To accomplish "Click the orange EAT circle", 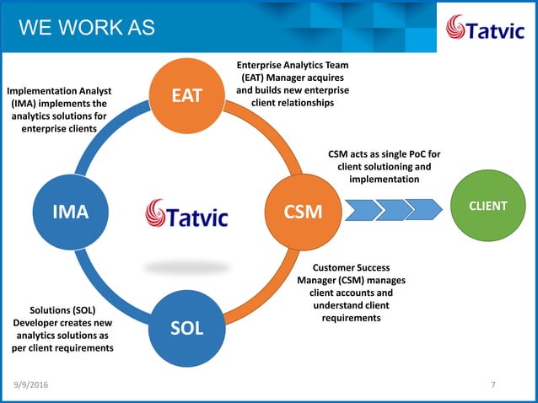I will pyautogui.click(x=186, y=94).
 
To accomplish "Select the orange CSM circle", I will pyautogui.click(x=301, y=211).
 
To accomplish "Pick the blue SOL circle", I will pyautogui.click(x=186, y=327).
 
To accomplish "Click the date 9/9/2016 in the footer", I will pyautogui.click(x=31, y=385).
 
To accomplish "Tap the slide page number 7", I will pyautogui.click(x=493, y=385).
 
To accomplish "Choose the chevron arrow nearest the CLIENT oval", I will pyautogui.click(x=424, y=207).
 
